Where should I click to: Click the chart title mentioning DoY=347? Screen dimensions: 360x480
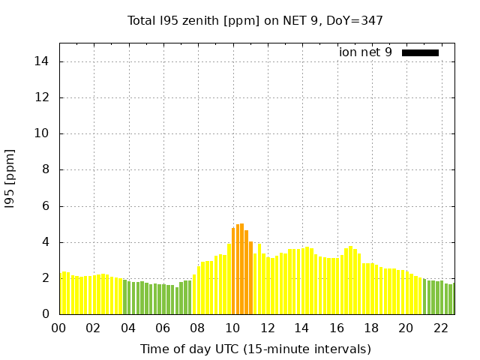click(x=255, y=20)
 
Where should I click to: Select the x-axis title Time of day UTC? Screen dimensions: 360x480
click(x=255, y=349)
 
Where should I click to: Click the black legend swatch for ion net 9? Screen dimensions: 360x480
click(x=420, y=52)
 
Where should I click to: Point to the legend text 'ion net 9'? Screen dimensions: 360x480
click(x=365, y=52)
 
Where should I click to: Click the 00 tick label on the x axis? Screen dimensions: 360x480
click(x=58, y=328)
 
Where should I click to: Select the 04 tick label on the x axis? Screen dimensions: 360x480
click(x=127, y=328)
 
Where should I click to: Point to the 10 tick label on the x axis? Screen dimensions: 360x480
click(x=232, y=328)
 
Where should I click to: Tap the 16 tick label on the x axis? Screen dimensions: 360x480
click(x=336, y=328)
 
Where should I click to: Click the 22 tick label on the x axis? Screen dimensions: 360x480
click(x=440, y=328)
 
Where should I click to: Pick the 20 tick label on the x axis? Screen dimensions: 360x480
click(x=405, y=328)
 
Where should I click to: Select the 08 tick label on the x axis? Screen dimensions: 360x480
click(x=197, y=328)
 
